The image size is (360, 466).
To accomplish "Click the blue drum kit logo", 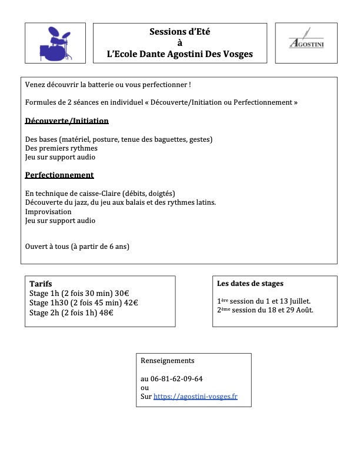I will pos(55,43).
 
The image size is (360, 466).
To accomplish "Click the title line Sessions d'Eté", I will pos(179,32).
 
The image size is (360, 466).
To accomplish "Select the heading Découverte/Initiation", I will pos(67,121).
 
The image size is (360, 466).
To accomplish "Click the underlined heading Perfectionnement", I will pos(59,175).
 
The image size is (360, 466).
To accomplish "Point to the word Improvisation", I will pos(48,212).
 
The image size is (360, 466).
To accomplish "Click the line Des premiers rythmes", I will pos(61,148).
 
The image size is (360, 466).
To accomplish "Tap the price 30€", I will pos(122,293).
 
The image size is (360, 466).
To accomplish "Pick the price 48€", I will pos(106,313).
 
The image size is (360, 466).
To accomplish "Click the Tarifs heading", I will pos(41,284).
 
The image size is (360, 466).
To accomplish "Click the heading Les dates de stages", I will pos(250,284).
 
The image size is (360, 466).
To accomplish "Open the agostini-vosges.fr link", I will pos(195,397).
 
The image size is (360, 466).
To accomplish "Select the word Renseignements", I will pos(168,360).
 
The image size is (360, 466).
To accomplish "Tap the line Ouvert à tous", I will pos(77,247).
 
